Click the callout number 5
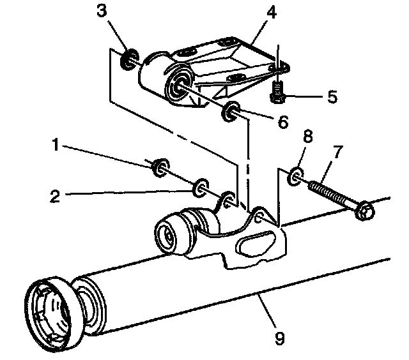332,97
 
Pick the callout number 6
282,121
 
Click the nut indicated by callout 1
158,167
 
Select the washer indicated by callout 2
201,187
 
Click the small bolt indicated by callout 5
277,89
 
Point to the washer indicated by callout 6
229,114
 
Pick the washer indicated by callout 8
295,175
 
